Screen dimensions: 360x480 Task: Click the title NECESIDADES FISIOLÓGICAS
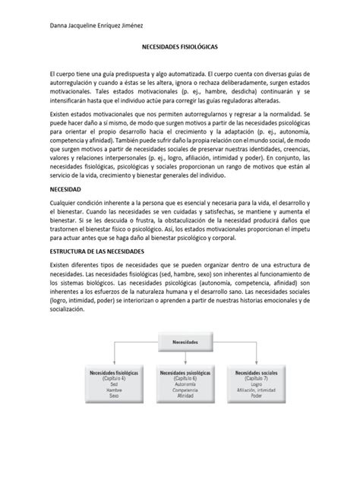click(179, 47)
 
